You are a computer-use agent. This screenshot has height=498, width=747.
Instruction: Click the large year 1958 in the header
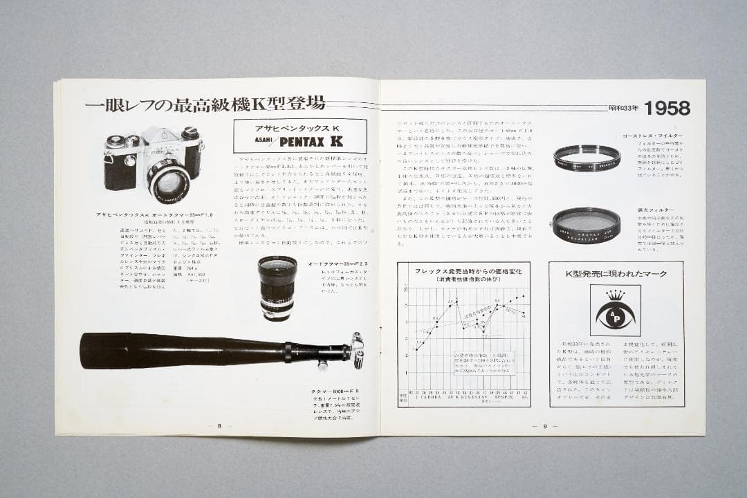pyautogui.click(x=667, y=108)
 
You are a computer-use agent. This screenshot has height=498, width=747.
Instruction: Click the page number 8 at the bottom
pyautogui.click(x=219, y=426)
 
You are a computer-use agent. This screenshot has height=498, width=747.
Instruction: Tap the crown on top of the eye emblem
pyautogui.click(x=615, y=296)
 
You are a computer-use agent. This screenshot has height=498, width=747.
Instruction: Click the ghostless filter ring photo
pyautogui.click(x=587, y=158)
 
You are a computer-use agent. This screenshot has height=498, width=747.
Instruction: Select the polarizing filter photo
pyautogui.click(x=586, y=223)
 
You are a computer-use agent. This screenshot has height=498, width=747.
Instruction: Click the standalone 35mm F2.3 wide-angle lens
pyautogui.click(x=278, y=286)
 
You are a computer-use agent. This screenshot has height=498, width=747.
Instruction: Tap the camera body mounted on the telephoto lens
pyautogui.click(x=357, y=349)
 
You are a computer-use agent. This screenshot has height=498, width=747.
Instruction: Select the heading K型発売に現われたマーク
pyautogui.click(x=616, y=273)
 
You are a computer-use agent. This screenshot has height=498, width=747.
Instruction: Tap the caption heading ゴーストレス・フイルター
pyautogui.click(x=652, y=136)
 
